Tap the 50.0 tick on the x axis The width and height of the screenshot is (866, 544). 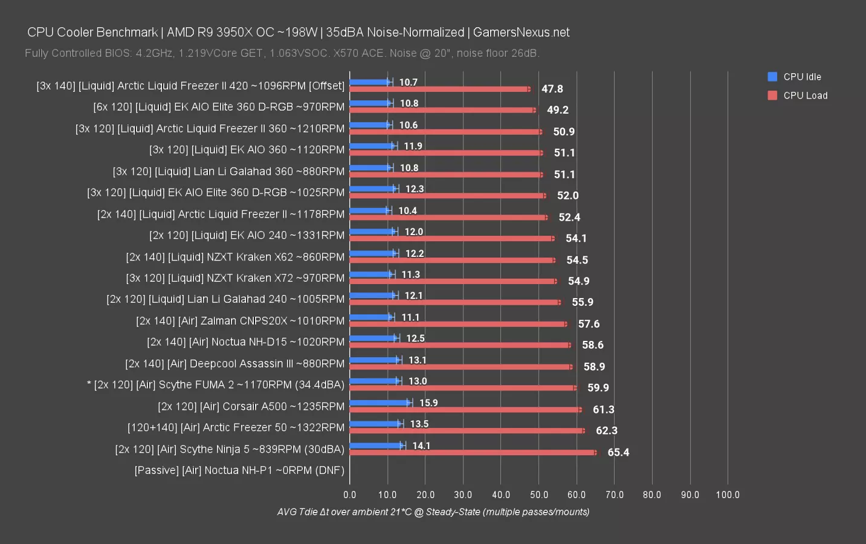538,494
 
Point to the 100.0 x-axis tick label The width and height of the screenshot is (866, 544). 727,494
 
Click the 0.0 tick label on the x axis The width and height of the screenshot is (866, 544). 350,494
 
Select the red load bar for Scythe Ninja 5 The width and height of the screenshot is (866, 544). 473,452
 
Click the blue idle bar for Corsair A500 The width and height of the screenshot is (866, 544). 380,403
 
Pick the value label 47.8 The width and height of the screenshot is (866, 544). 552,89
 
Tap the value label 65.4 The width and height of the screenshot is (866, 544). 618,452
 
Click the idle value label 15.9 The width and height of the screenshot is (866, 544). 428,403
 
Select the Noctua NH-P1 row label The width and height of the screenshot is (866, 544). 239,470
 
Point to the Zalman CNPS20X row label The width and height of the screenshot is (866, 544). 240,321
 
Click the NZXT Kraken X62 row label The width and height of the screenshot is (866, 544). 235,257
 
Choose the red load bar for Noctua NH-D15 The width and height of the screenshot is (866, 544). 459,345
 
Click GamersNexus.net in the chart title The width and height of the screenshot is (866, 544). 521,33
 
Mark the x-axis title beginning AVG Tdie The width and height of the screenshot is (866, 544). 433,512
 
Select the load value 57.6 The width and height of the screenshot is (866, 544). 589,324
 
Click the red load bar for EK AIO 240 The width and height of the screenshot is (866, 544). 451,238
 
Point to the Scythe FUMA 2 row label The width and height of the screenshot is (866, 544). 216,385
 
